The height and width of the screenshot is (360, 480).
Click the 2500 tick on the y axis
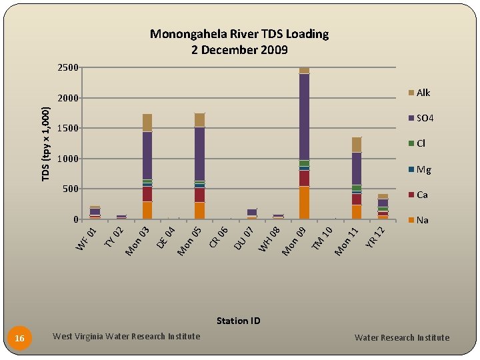coord(67,67)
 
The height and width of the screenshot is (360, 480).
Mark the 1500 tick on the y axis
coord(67,128)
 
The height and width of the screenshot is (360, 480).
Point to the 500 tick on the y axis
coord(69,189)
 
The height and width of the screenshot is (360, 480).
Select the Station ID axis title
coord(238,321)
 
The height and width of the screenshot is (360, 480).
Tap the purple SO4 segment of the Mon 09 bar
coord(304,117)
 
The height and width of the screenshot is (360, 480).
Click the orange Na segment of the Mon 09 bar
coord(304,203)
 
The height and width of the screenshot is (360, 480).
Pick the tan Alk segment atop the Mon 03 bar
coord(147,123)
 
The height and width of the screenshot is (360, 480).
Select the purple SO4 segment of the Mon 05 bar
coord(199,153)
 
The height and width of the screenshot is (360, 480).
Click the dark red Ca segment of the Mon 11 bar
coord(357,199)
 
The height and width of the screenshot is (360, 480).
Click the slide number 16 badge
coord(20,339)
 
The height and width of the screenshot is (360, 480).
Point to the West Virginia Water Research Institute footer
coord(126,337)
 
